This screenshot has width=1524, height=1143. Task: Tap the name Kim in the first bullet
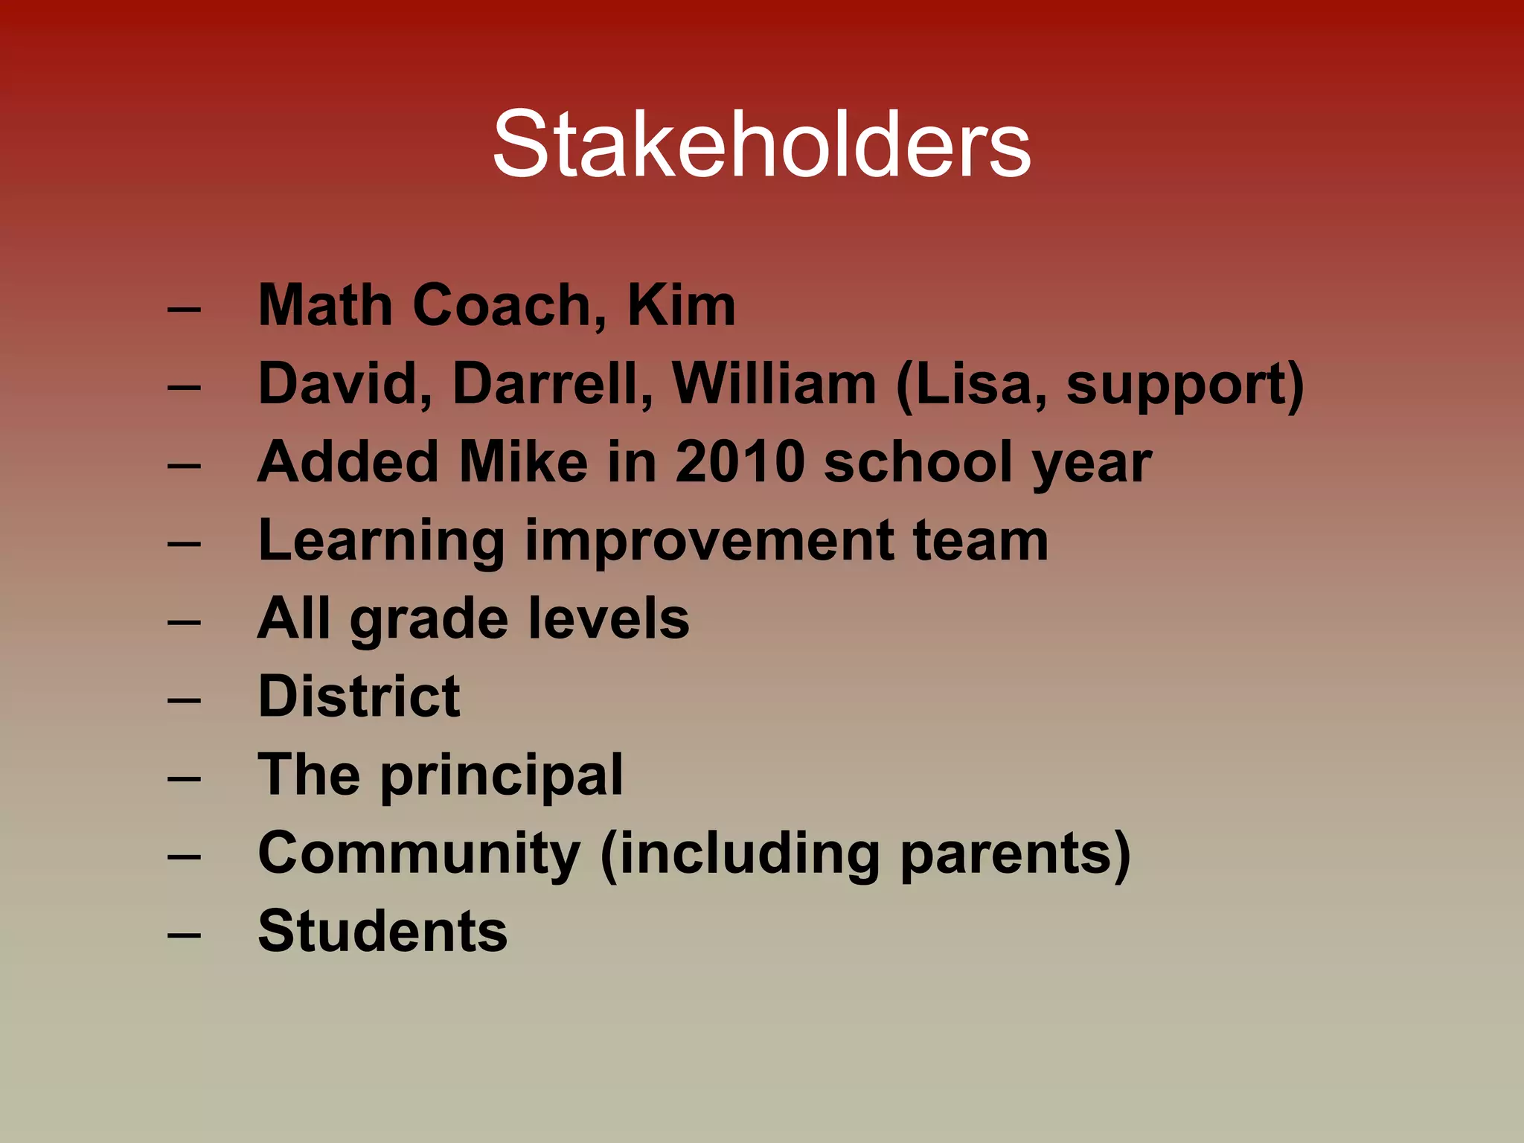pos(682,305)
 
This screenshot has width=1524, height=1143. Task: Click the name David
pos(345,384)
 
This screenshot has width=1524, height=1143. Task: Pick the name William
pos(774,384)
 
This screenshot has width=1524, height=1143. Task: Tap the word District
pos(359,697)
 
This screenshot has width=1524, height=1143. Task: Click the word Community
pos(419,854)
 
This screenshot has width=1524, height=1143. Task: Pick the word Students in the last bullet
pos(382,931)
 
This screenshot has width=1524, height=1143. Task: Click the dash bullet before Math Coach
pos(184,308)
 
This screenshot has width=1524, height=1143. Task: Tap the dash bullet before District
pos(184,699)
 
